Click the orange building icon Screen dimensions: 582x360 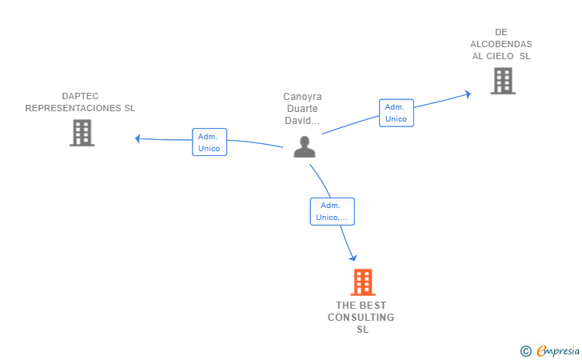(x=363, y=282)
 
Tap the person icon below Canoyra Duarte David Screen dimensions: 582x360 (x=305, y=146)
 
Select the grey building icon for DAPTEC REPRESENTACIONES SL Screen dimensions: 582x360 (x=82, y=133)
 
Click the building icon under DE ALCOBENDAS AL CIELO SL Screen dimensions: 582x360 (x=503, y=81)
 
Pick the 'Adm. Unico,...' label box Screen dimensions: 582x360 (x=333, y=211)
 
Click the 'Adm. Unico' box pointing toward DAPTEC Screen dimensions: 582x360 (x=209, y=142)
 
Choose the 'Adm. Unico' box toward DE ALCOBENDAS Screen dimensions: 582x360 (x=397, y=113)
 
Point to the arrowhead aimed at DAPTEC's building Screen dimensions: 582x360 (x=138, y=138)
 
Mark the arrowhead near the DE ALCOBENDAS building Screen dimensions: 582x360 (x=468, y=94)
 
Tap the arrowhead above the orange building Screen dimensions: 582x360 (x=353, y=258)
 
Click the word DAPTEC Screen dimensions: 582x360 (x=80, y=96)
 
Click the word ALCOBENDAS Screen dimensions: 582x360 (x=501, y=44)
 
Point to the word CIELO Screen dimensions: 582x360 (x=500, y=56)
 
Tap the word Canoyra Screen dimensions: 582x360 (x=302, y=97)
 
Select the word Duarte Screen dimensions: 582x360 (x=302, y=109)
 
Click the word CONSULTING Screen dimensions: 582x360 (x=361, y=318)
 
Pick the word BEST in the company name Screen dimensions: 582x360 (x=373, y=306)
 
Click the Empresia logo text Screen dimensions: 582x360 (x=558, y=350)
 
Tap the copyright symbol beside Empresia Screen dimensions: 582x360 (x=526, y=351)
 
